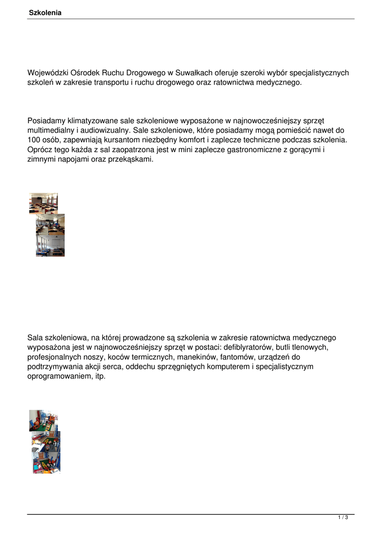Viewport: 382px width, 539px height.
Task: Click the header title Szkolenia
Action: tap(45, 13)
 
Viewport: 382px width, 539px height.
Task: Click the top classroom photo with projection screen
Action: tap(43, 203)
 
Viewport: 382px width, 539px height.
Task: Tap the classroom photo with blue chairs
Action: tap(50, 246)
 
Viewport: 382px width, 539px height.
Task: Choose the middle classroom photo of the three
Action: tap(50, 224)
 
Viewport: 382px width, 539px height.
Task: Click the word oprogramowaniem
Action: tap(60, 376)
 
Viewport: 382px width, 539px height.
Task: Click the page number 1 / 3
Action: tap(343, 518)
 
